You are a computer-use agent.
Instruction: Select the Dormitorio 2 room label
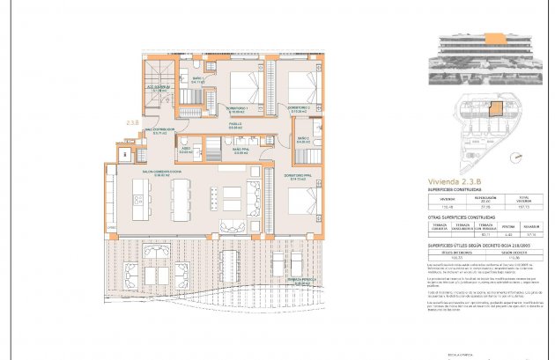coord(297,110)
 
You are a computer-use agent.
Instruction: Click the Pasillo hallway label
coord(236,126)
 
